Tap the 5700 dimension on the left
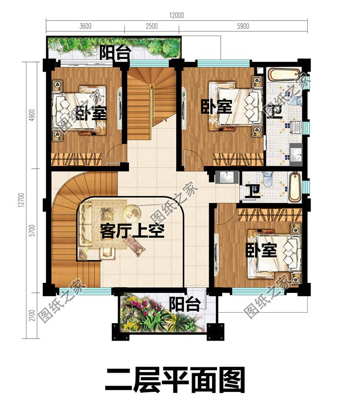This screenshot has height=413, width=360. [x=32, y=231]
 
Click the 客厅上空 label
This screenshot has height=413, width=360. [x=132, y=232]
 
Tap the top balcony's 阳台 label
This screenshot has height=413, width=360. [x=115, y=53]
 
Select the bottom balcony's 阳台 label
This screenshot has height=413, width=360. [x=185, y=304]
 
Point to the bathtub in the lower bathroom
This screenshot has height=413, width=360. [x=294, y=186]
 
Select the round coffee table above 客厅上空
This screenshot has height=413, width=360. [x=132, y=210]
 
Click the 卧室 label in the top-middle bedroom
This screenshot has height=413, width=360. [x=216, y=106]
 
